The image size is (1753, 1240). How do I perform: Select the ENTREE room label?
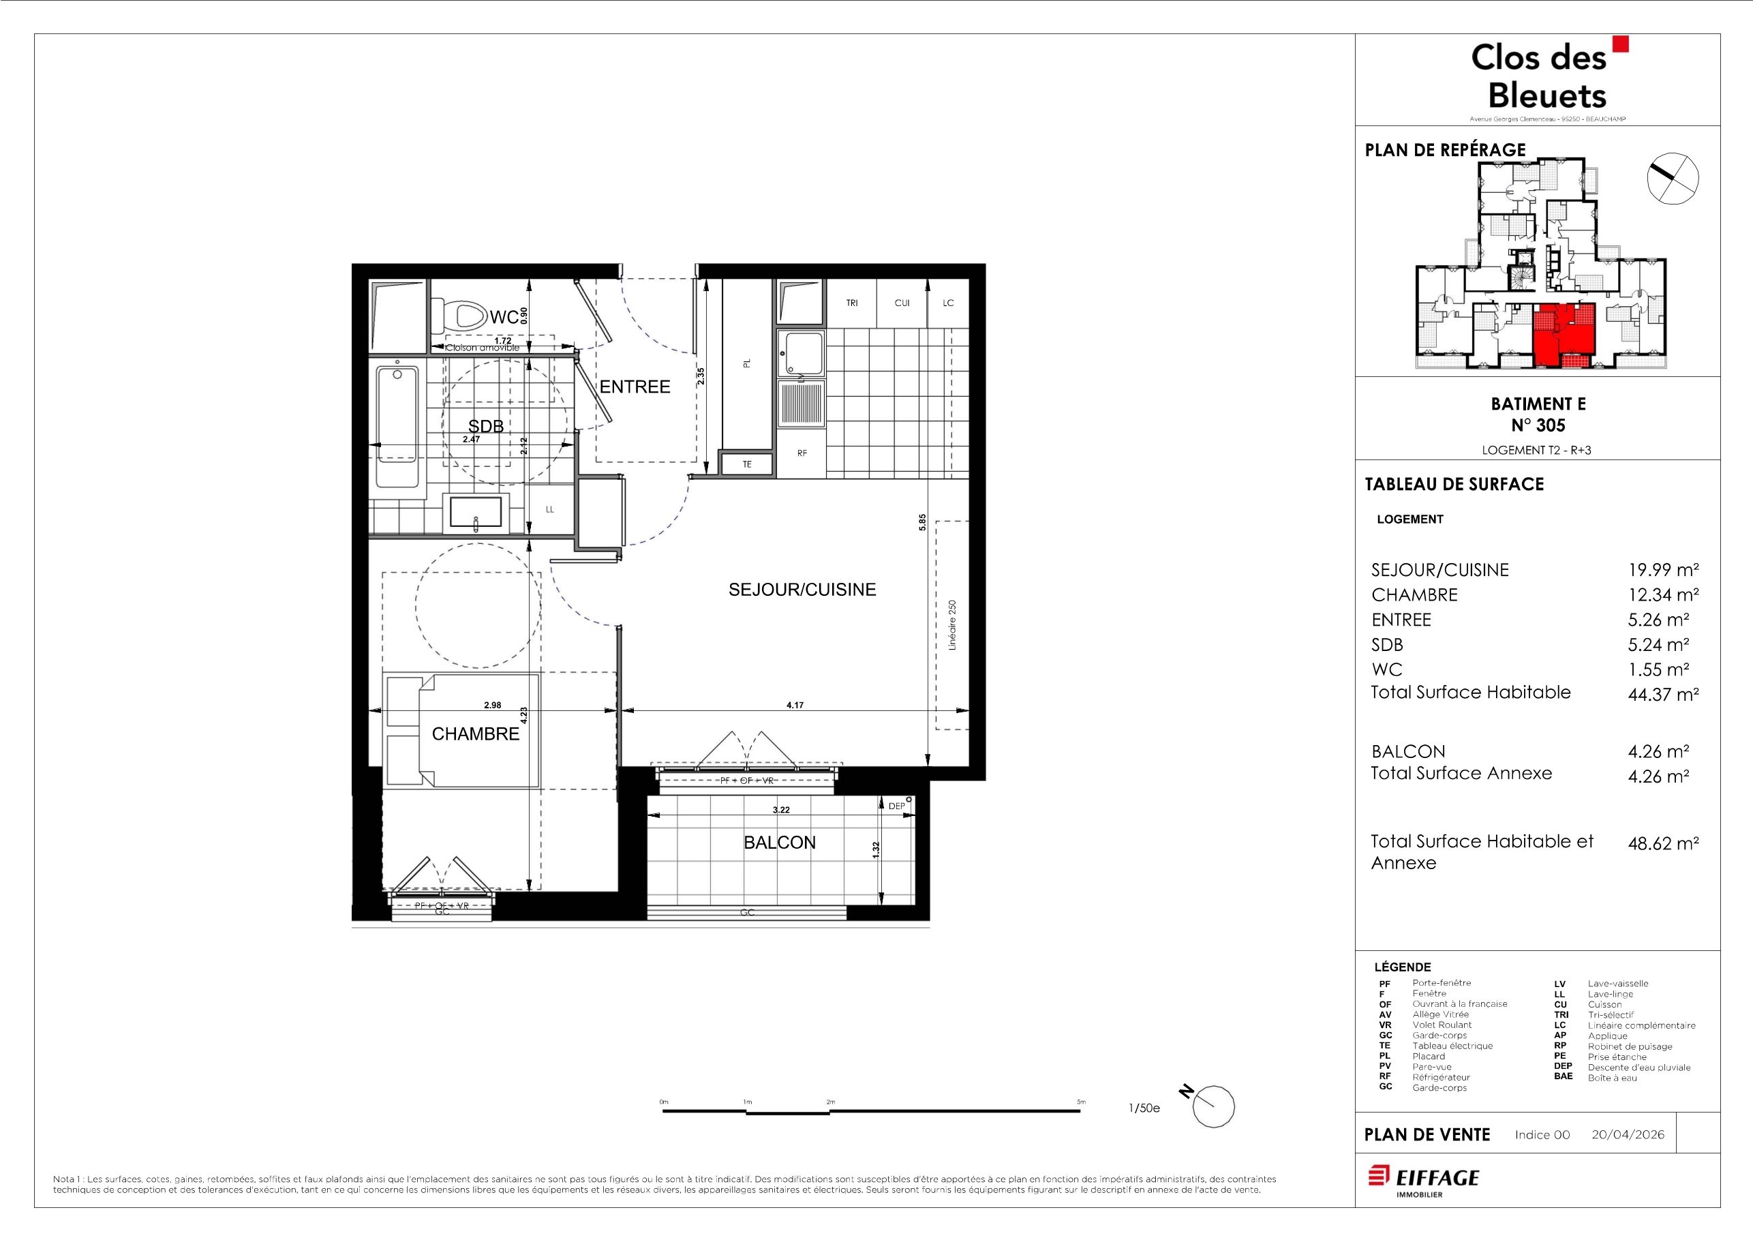(635, 387)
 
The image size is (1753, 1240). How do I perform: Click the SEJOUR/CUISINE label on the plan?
(802, 590)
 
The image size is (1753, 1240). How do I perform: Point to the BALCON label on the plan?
(780, 842)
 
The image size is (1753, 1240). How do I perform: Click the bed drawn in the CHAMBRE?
(462, 730)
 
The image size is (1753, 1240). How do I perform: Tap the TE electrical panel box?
(748, 464)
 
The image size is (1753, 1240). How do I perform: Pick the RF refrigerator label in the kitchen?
(802, 453)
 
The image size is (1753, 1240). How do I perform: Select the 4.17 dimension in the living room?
(795, 706)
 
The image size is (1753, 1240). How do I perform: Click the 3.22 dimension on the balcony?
(781, 809)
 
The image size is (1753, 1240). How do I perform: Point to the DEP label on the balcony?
(896, 806)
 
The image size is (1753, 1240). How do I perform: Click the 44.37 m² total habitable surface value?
(1663, 694)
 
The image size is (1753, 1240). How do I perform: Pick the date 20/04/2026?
(1628, 1134)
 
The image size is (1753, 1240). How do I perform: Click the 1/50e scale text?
(1144, 1108)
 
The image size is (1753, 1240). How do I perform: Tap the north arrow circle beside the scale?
(1213, 1106)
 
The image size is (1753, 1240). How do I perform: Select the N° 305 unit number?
(1538, 425)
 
